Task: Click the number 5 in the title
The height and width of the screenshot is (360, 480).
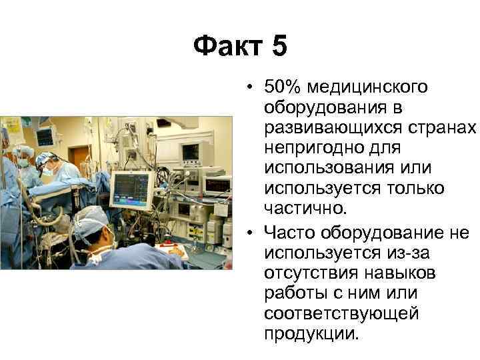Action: (x=279, y=47)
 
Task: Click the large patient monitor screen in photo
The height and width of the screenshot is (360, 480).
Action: (x=131, y=188)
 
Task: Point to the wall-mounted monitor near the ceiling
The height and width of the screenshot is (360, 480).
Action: (x=45, y=137)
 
